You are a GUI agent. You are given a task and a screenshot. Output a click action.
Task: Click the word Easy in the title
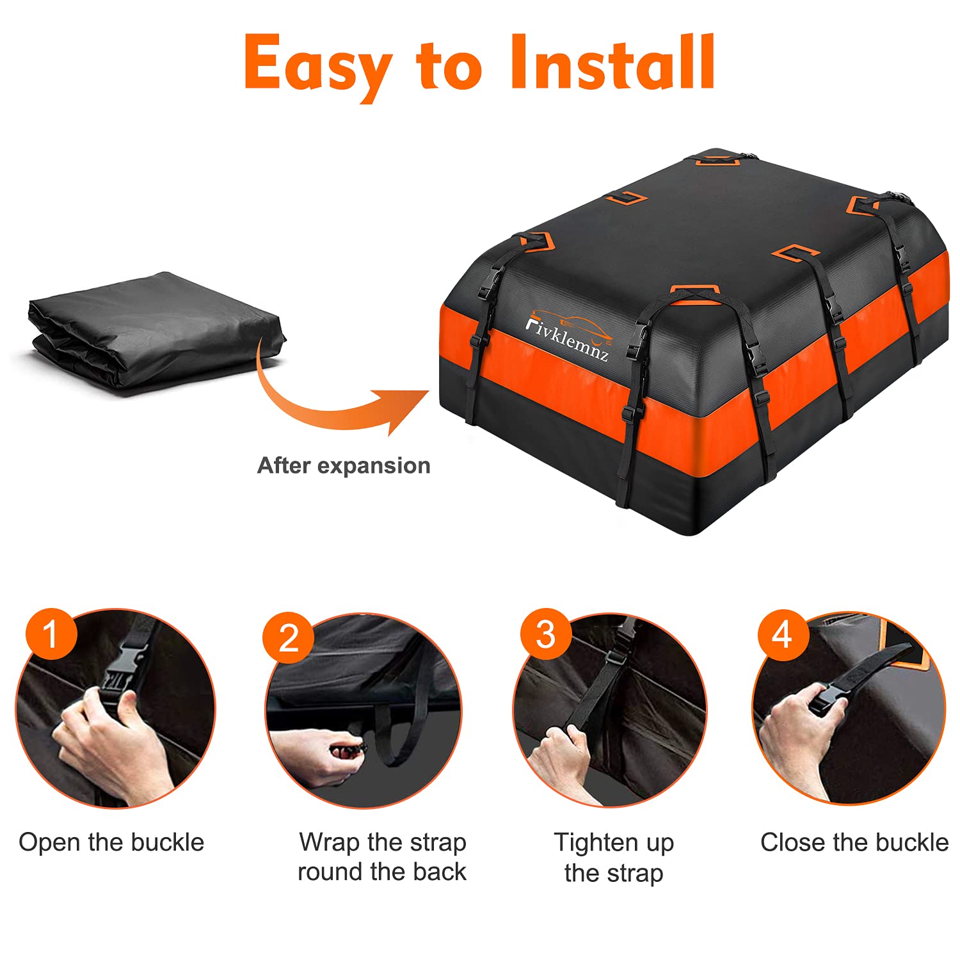[x=318, y=64]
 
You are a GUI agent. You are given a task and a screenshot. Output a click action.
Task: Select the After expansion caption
[x=344, y=465]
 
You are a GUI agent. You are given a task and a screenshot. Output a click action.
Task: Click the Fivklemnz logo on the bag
[x=566, y=337]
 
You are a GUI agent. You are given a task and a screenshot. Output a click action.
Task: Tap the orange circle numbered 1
[x=51, y=634]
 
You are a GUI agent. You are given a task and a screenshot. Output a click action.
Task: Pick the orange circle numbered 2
[x=288, y=637]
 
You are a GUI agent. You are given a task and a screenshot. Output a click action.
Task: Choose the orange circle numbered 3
[x=545, y=634]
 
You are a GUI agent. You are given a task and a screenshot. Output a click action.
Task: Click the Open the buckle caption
[x=111, y=842]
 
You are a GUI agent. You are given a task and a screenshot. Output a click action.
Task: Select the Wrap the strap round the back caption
[x=382, y=857]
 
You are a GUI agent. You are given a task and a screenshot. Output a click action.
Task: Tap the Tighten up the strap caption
[x=614, y=858]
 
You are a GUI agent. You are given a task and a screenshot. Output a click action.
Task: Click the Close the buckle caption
[x=854, y=842]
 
